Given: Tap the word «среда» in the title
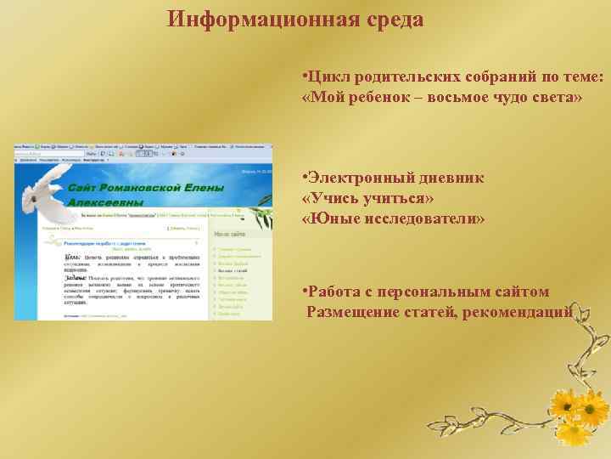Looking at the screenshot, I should click(394, 20).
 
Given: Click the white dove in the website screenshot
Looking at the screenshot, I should click(43, 189).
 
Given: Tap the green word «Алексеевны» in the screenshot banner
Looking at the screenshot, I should click(105, 202).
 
